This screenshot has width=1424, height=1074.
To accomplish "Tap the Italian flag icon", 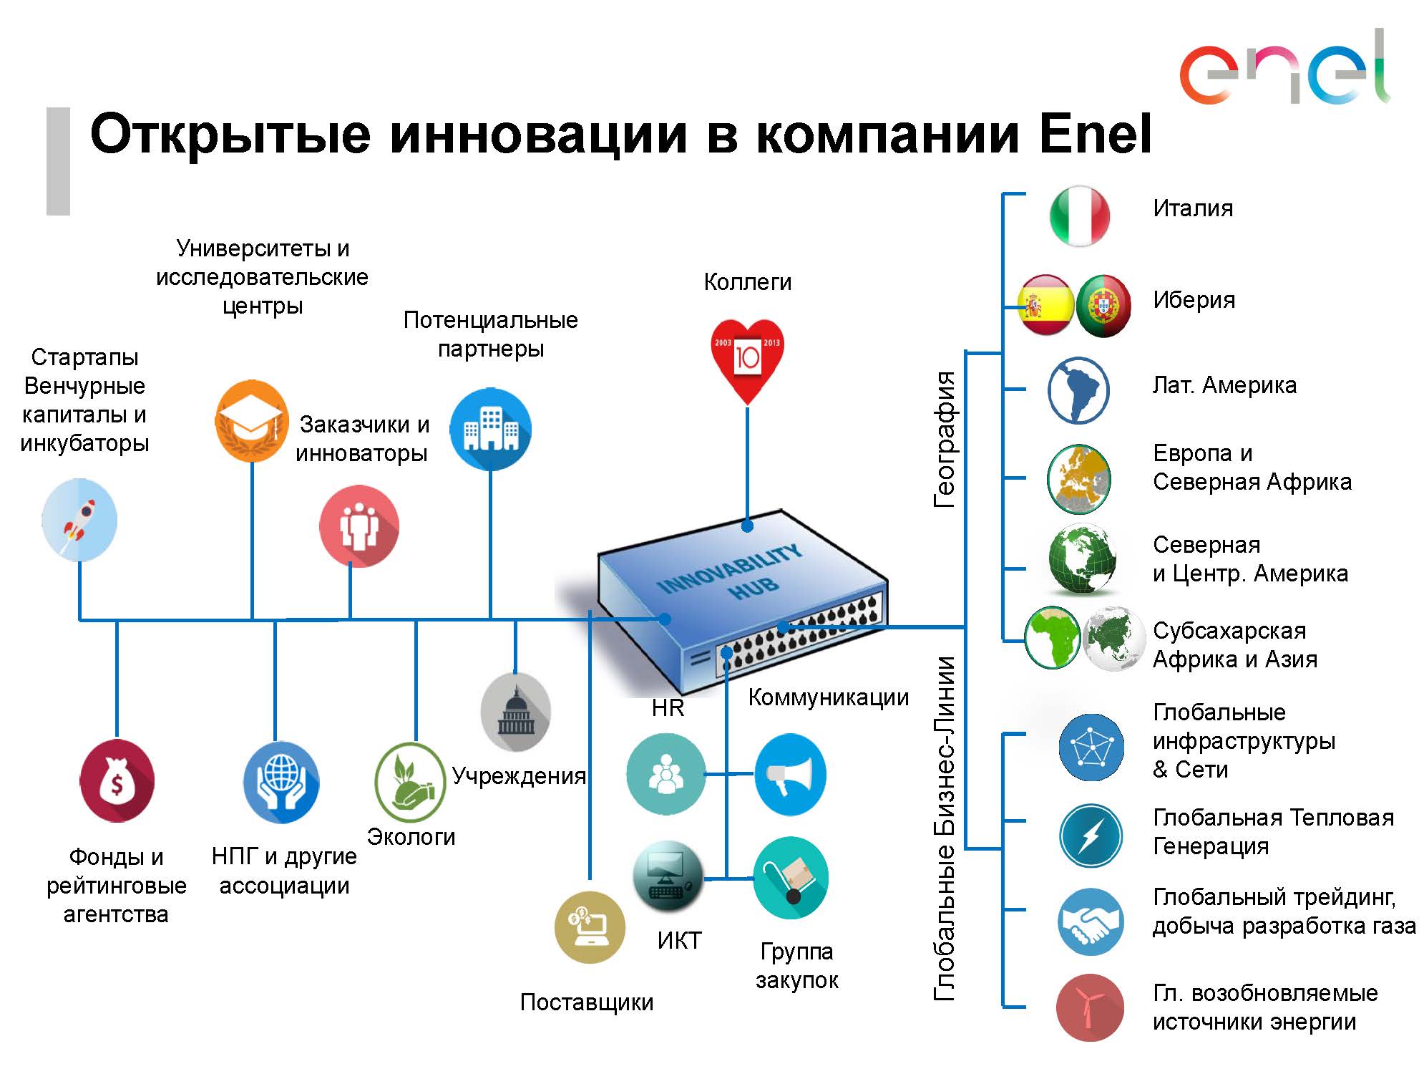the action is pos(1079,216).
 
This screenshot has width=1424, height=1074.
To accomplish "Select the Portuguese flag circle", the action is pos(1103,306).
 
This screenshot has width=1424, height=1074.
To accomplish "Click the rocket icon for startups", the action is pos(79,520).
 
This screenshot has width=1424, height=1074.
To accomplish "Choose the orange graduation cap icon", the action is pos(252,421).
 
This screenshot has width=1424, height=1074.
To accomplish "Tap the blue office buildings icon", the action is pos(491,430).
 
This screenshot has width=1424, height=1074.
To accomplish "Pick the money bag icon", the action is pos(117,781).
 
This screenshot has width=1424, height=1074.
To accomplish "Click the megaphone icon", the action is pos(790,775).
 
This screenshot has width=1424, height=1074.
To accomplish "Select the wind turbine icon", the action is pos(1089,1007).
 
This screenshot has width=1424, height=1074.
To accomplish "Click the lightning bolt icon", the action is pos(1091,836).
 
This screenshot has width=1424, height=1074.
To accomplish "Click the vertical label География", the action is pos(945,440).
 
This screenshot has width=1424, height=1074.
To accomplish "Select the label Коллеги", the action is pos(747,282).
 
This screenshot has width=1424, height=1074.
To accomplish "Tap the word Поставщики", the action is pos(587,1002).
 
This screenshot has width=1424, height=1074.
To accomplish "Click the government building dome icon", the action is pos(516,712).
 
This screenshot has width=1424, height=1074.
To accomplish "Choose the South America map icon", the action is pos(1078,391).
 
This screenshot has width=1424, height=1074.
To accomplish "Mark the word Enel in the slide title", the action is pos(1095,134).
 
